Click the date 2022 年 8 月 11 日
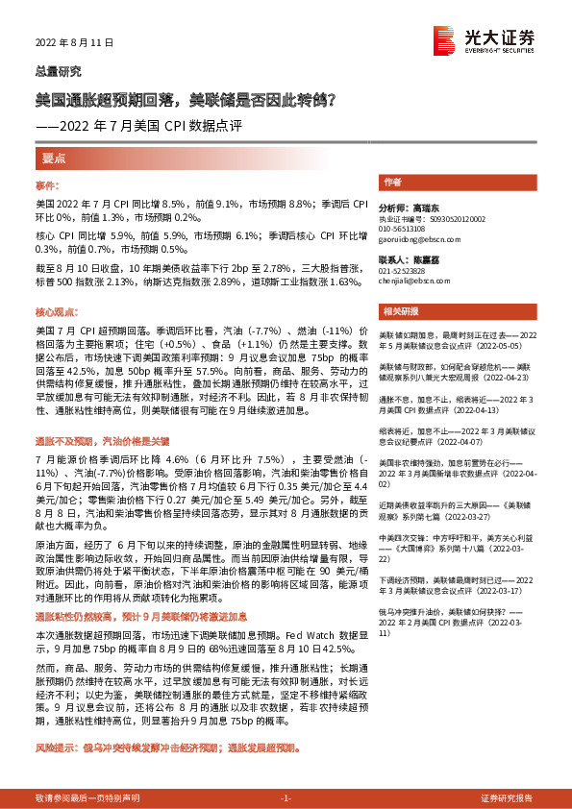click(x=74, y=43)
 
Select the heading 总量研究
click(x=58, y=71)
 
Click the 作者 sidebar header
click(x=392, y=182)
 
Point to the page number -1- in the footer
click(x=286, y=797)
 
